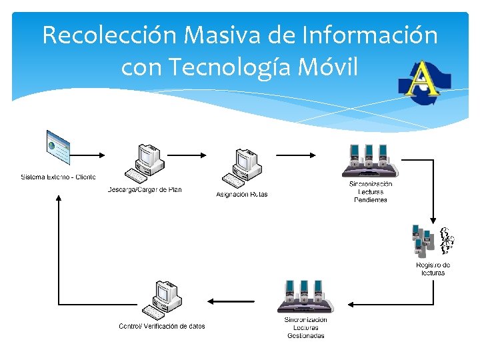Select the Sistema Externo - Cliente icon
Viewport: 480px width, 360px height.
tap(58, 148)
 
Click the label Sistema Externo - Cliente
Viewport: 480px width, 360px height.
tap(58, 177)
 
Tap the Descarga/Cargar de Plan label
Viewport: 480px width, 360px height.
tap(145, 190)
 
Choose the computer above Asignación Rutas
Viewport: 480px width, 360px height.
tap(242, 167)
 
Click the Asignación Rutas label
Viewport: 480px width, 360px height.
tap(242, 195)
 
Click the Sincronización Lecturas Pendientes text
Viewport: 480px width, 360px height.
tap(371, 191)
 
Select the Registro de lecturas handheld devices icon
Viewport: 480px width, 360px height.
tap(432, 241)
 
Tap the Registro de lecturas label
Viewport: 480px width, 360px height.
tap(433, 269)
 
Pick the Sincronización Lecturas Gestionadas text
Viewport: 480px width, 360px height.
tap(306, 327)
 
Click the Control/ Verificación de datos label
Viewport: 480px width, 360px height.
tap(162, 326)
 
